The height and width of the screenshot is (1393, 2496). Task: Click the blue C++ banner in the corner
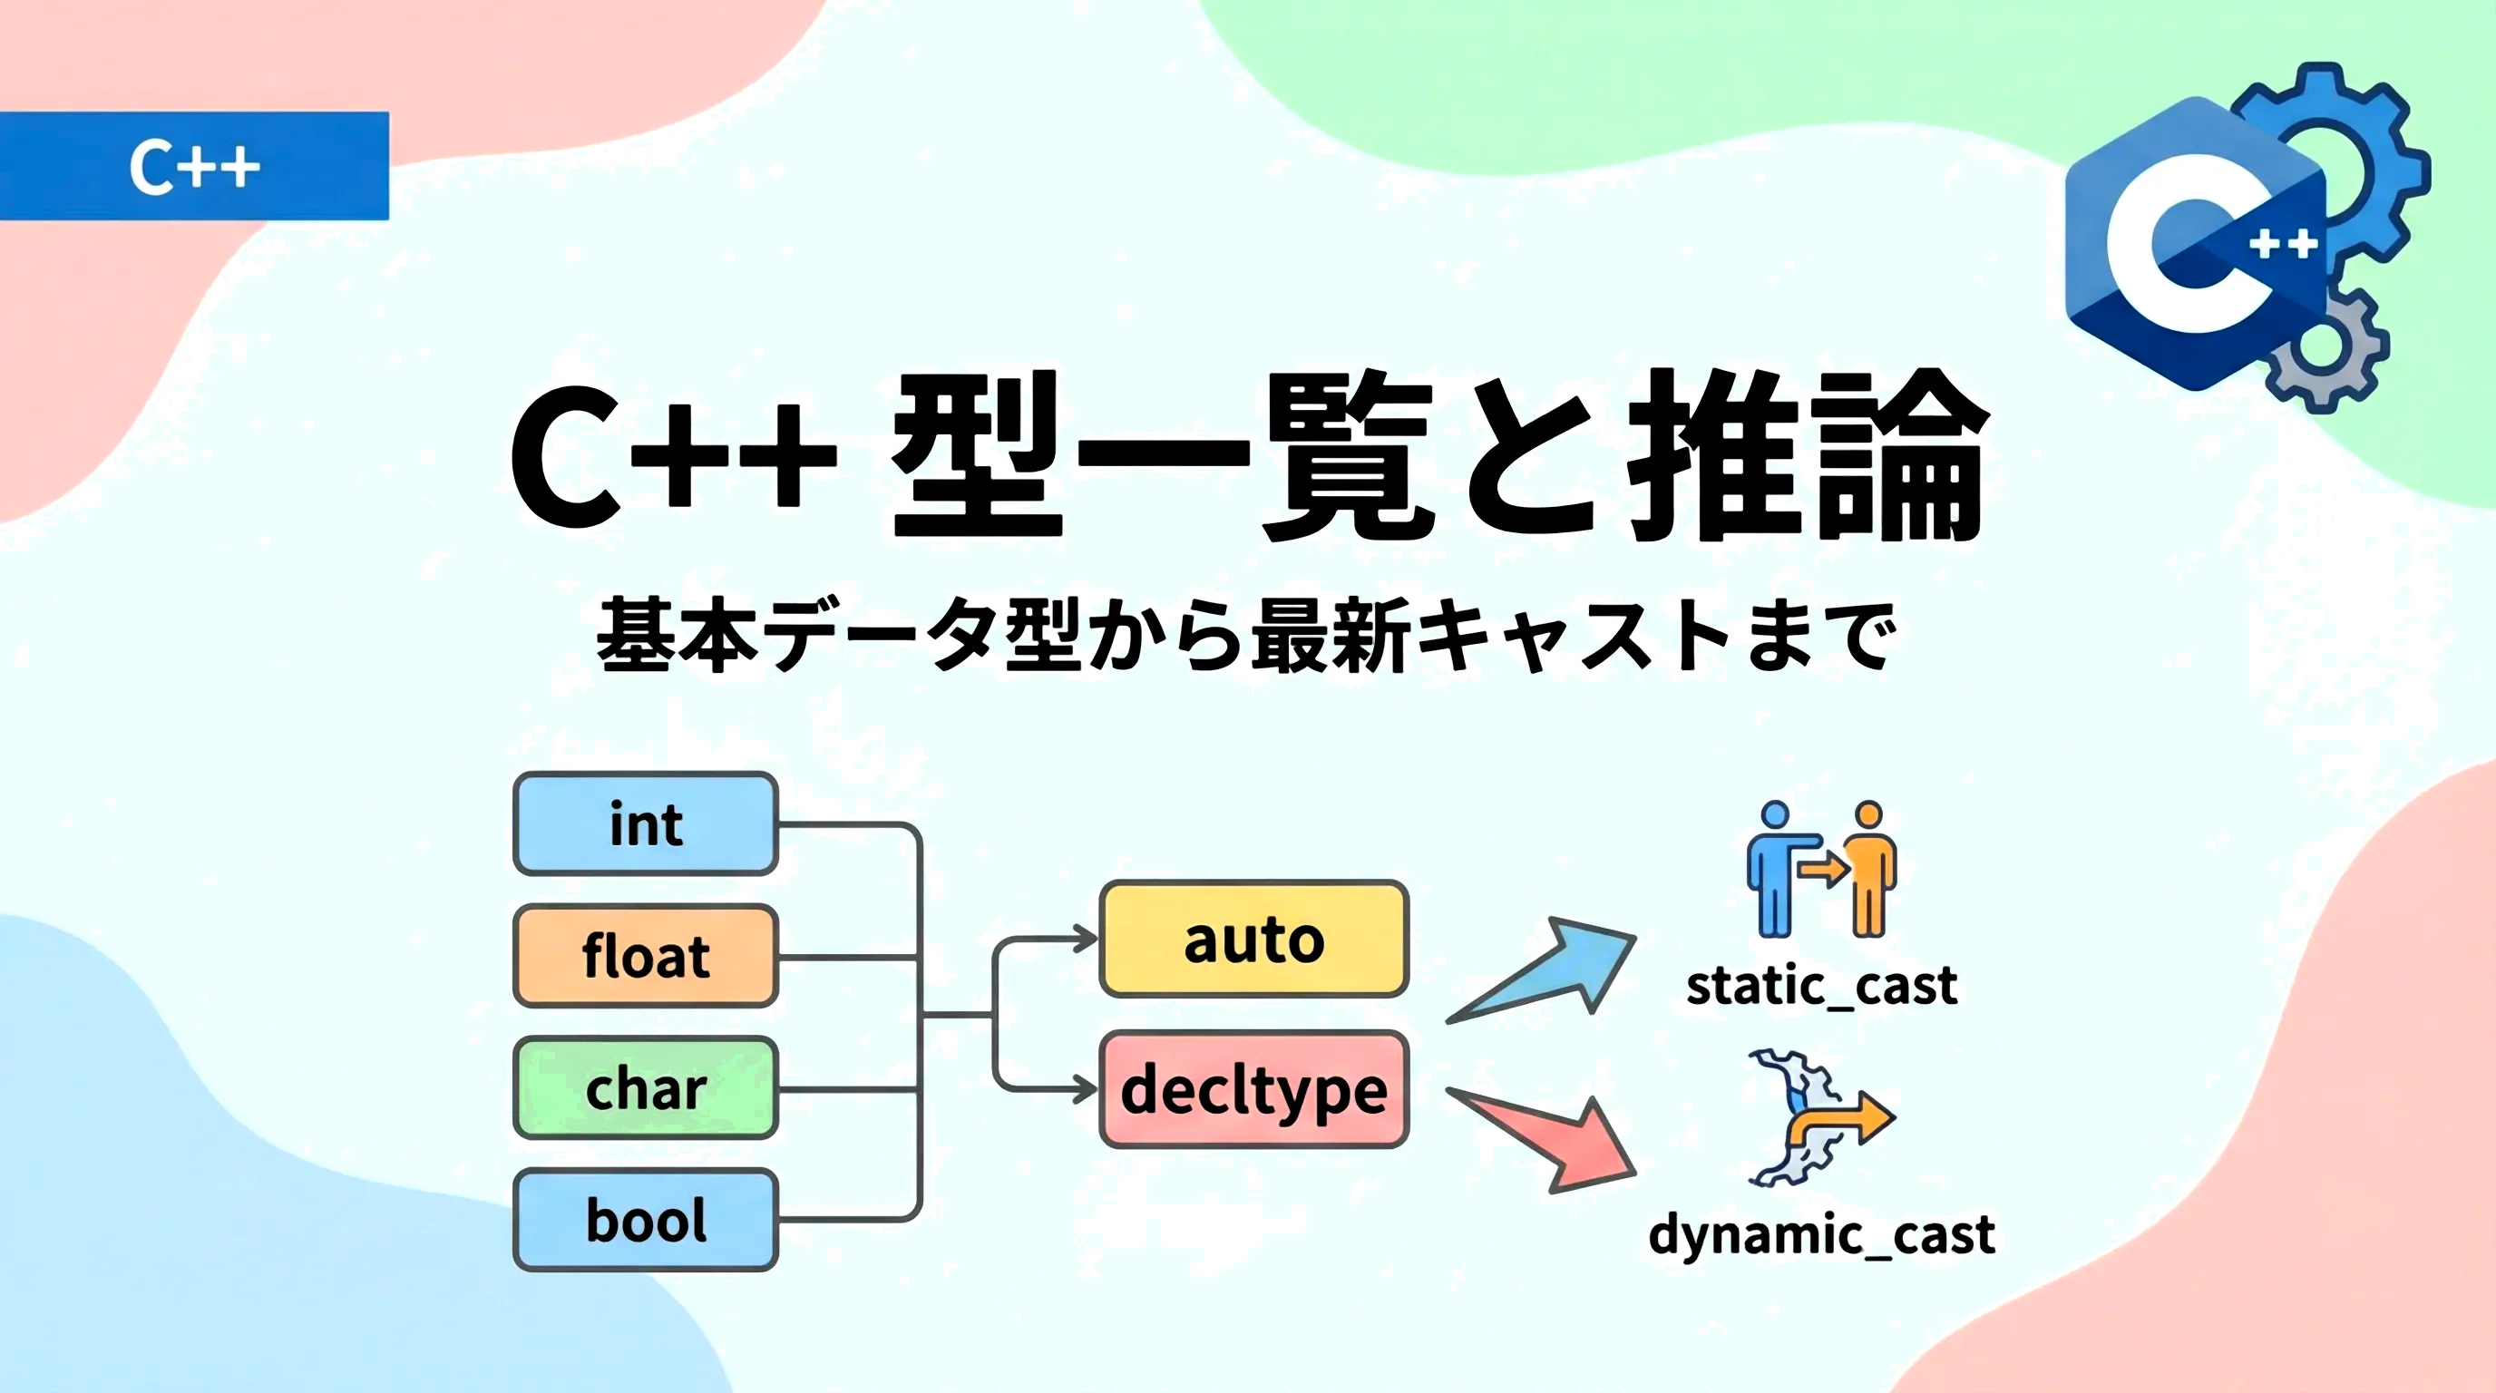tap(194, 166)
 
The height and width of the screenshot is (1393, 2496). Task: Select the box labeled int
tap(646, 824)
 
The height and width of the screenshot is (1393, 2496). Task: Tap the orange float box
tap(646, 956)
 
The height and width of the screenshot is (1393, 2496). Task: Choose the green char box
tap(646, 1088)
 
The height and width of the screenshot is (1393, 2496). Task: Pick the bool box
tap(646, 1220)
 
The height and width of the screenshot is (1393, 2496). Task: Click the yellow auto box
tap(1253, 939)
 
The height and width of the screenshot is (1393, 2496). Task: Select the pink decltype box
tap(1253, 1090)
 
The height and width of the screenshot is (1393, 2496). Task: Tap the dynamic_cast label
tap(1821, 1235)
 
